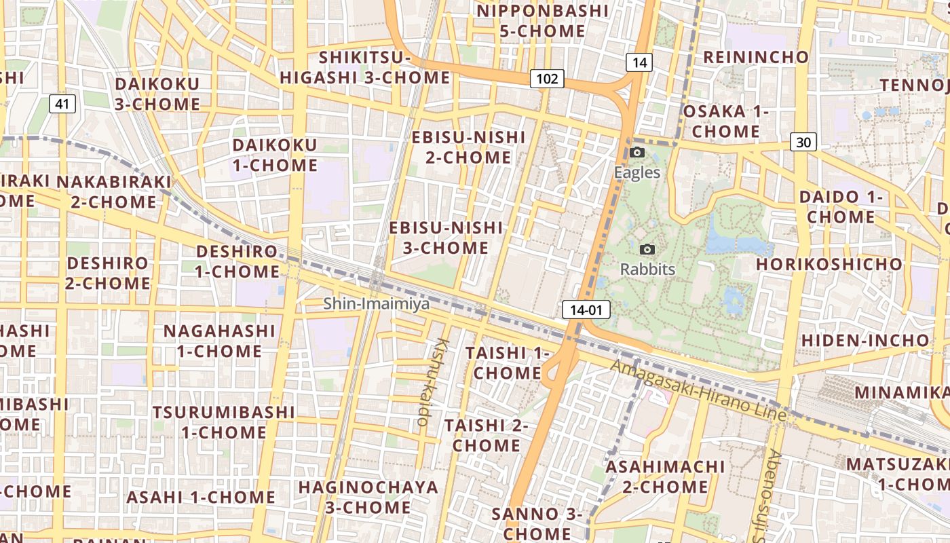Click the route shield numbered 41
pyautogui.click(x=62, y=104)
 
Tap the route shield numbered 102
pyautogui.click(x=546, y=79)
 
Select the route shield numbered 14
pyautogui.click(x=639, y=62)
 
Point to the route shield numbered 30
pyautogui.click(x=803, y=142)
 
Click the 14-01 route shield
pyautogui.click(x=586, y=310)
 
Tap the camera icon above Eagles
pyautogui.click(x=636, y=152)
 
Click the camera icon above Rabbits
pyautogui.click(x=647, y=250)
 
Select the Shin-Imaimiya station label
pyautogui.click(x=376, y=303)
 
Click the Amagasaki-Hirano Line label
pyautogui.click(x=698, y=390)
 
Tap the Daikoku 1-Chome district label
pyautogui.click(x=275, y=155)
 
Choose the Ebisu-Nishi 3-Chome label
pyautogui.click(x=446, y=238)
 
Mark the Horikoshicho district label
pyautogui.click(x=829, y=263)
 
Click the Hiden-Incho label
pyautogui.click(x=865, y=339)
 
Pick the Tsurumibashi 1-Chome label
pyautogui.click(x=223, y=422)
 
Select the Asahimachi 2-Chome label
pyautogui.click(x=665, y=476)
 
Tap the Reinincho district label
pyautogui.click(x=756, y=56)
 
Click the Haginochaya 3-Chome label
pyautogui.click(x=368, y=497)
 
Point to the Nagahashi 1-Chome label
pyautogui.click(x=219, y=341)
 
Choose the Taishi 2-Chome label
pyautogui.click(x=486, y=435)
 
